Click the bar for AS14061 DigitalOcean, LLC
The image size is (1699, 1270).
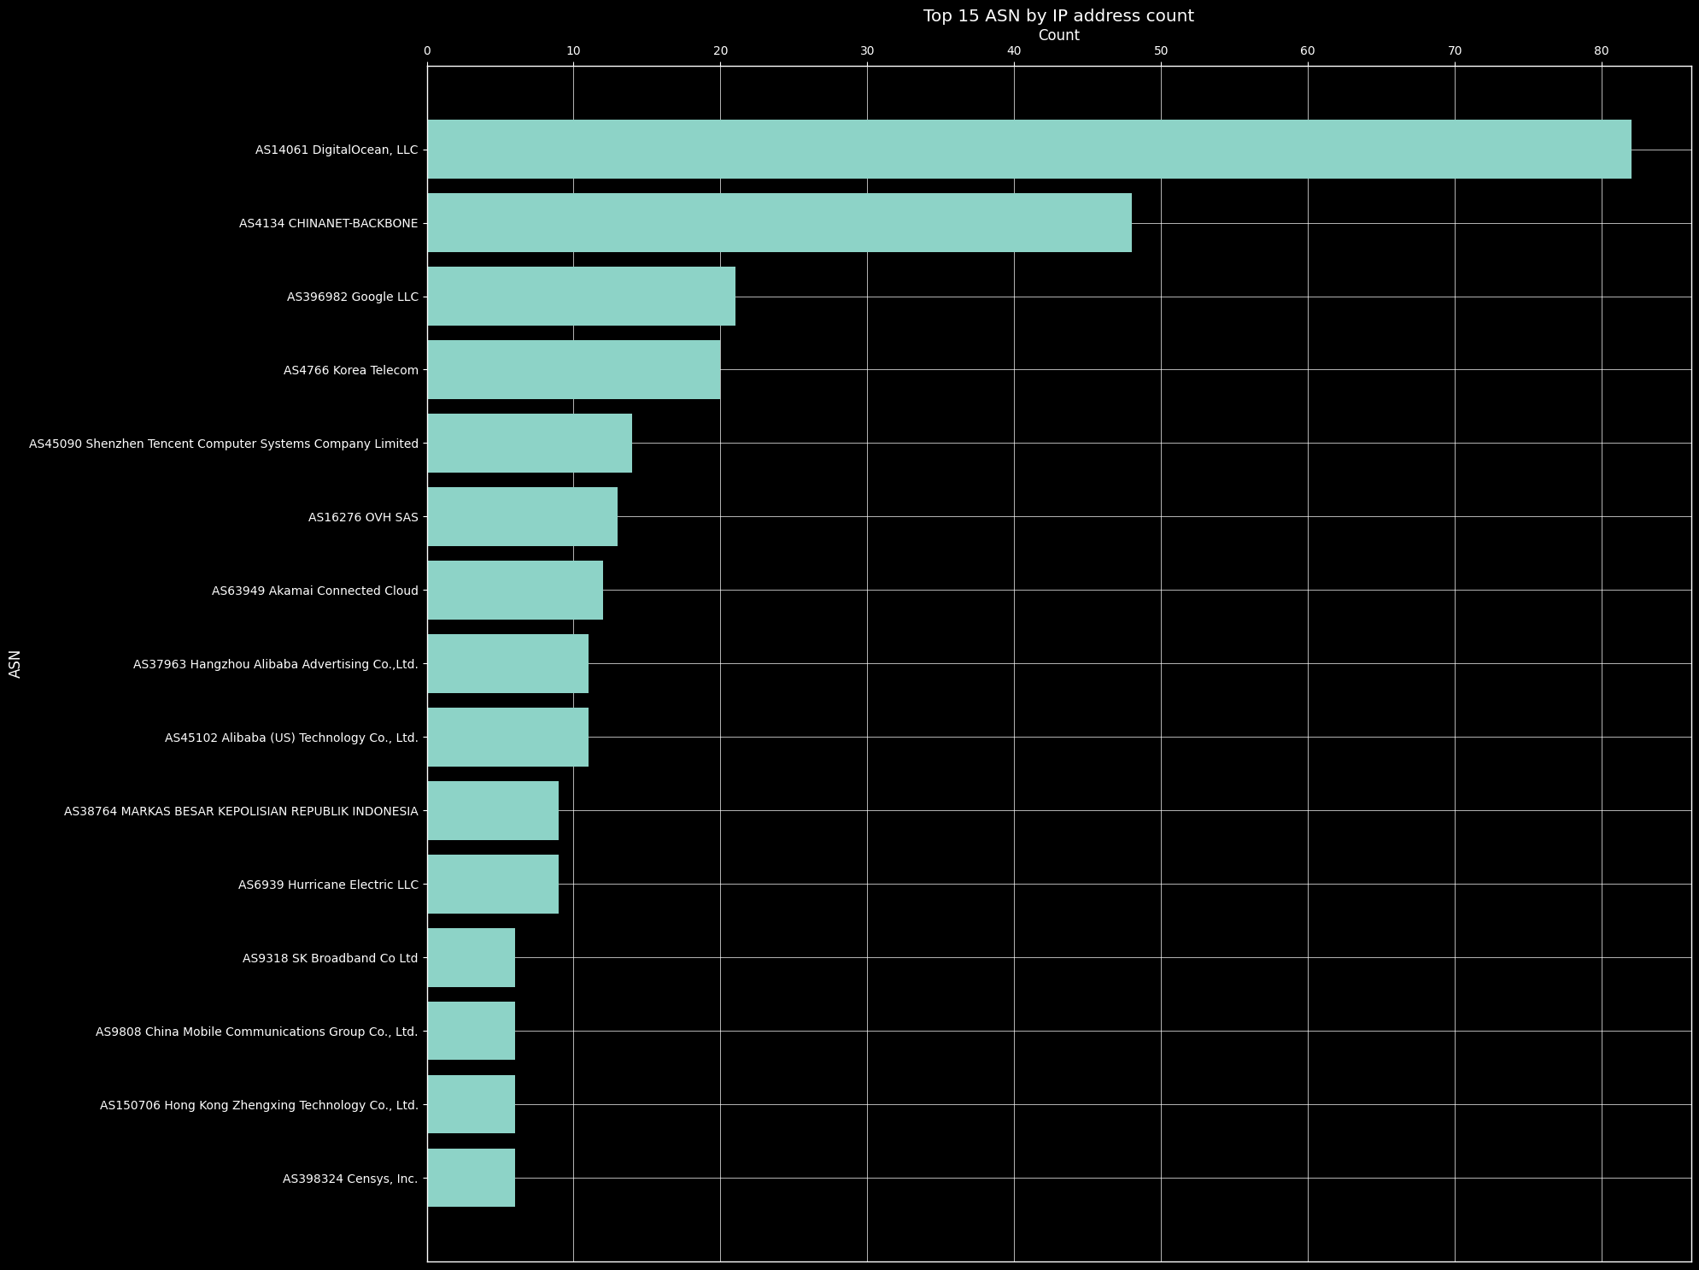coord(1028,150)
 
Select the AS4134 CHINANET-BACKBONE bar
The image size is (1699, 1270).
coord(779,223)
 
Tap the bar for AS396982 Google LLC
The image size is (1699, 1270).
coord(581,297)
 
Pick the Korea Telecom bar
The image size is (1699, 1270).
coord(573,370)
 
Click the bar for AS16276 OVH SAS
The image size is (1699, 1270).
coord(522,517)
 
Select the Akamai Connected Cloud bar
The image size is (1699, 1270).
coord(515,591)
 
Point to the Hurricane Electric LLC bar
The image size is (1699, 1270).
coord(493,885)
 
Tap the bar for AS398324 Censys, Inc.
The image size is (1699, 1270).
coord(471,1179)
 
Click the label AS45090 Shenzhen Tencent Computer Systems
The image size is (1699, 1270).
coord(224,444)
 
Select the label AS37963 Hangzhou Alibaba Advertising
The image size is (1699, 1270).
coord(276,664)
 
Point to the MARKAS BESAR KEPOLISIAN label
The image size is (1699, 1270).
coord(241,811)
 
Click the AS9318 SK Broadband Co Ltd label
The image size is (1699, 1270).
coord(331,958)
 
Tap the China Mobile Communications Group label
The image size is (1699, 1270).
coord(257,1032)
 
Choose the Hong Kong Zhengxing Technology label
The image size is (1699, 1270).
coord(259,1105)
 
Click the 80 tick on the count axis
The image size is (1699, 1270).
coord(1601,51)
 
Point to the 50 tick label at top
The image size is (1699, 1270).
coord(1161,51)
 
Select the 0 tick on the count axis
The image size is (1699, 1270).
coord(427,51)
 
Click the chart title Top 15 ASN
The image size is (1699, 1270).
coord(1058,15)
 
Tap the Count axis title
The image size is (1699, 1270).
coord(1058,35)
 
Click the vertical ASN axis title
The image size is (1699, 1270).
coord(15,663)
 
